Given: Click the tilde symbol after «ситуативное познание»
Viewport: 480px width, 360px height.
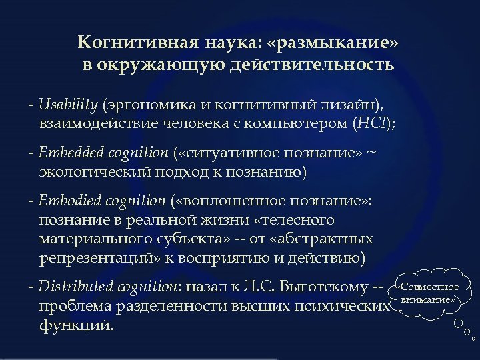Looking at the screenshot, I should pyautogui.click(x=372, y=153).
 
